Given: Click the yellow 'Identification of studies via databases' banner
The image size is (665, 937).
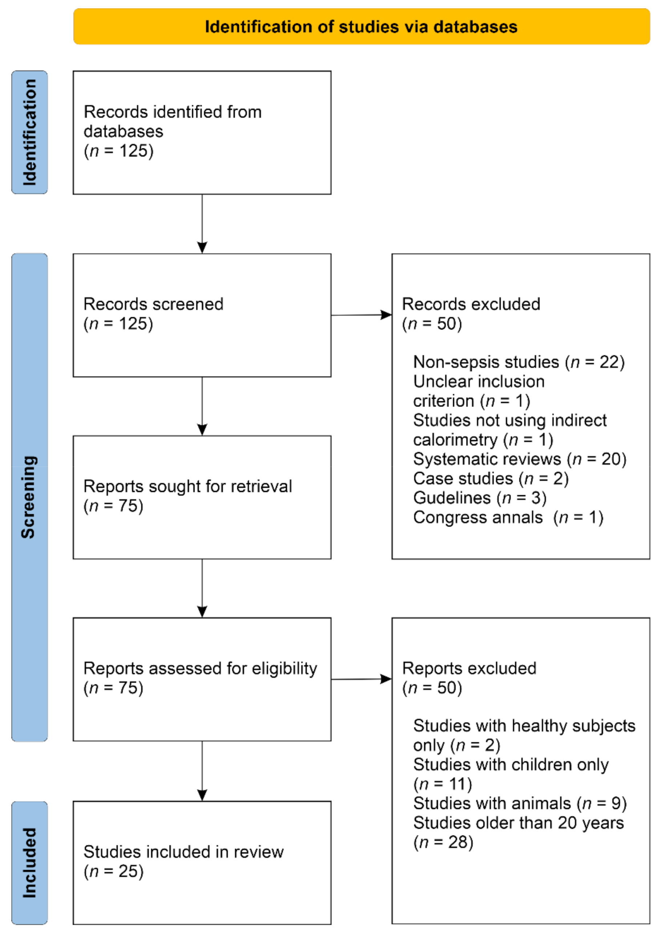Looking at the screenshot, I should pos(361,27).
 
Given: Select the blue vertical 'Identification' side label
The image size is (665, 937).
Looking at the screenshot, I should pos(29,132).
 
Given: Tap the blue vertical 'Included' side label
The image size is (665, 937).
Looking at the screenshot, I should pos(29,863).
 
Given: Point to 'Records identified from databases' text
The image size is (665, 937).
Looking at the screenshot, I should pos(172,121).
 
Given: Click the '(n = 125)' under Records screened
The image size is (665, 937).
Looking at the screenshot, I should pos(118,323).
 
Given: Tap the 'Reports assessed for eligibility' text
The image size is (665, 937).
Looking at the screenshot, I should pos(200,668).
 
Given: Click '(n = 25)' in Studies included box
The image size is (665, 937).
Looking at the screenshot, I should pos(113,871).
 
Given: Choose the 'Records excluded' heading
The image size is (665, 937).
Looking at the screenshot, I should pos(471,304).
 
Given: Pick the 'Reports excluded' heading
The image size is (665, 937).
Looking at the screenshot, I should pos(469,668).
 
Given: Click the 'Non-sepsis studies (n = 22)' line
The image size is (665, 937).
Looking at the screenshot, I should pos(519,362).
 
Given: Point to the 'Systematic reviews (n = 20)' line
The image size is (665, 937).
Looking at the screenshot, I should pos(519,459).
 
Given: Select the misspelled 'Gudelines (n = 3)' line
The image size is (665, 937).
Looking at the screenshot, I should pos(480,498).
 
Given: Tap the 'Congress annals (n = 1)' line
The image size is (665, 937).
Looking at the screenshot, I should pos(508,517).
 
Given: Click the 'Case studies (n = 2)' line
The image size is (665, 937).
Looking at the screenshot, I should pos(491,478).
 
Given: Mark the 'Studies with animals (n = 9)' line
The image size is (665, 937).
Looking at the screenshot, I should pos(519,804).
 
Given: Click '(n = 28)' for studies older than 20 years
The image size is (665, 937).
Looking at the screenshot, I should pos(443,843).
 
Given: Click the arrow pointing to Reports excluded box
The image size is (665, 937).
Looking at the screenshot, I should pos(361,679).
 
